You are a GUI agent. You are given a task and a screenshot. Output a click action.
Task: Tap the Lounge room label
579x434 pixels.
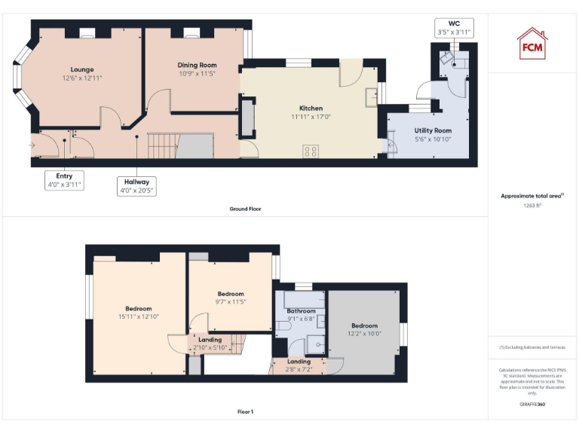pos(82,69)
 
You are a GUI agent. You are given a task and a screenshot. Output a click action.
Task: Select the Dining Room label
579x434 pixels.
pos(197,66)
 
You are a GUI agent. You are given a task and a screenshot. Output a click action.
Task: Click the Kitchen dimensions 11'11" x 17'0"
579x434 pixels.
pos(311,117)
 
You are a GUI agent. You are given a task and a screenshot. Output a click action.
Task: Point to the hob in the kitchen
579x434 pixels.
pos(311,151)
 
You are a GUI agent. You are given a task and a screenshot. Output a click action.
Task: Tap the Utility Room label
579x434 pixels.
pos(433,130)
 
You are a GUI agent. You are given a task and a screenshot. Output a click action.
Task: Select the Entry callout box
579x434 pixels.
pos(64,180)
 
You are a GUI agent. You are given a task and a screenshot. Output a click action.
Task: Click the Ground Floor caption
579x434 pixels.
pos(245,209)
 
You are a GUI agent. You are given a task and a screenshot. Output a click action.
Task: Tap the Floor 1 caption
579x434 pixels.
pos(245,412)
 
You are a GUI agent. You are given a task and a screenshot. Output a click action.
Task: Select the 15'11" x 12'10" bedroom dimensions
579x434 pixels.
pos(139,316)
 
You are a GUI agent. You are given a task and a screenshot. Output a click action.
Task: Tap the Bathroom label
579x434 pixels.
pos(301,310)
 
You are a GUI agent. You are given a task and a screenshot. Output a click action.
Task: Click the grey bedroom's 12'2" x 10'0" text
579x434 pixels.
pos(364,334)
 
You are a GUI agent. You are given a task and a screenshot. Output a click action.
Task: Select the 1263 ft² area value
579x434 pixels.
pos(532,205)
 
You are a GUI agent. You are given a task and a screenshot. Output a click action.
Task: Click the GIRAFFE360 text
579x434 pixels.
pos(532,405)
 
